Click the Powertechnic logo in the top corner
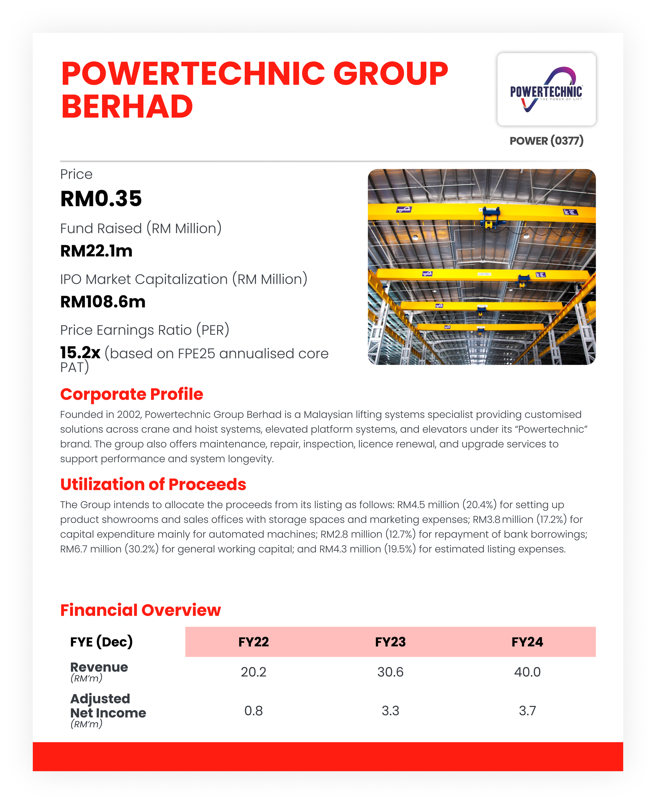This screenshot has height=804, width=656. [546, 90]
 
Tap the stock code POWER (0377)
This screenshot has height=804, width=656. [546, 141]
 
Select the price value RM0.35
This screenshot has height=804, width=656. [101, 199]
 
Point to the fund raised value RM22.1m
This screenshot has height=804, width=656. [96, 251]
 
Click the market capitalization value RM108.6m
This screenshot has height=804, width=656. [103, 302]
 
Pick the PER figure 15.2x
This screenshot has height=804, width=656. [80, 353]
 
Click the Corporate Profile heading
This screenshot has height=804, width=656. [132, 394]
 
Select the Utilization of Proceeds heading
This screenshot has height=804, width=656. [153, 484]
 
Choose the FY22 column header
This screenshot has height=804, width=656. [254, 642]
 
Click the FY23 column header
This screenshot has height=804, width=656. [390, 642]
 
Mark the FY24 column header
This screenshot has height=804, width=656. [527, 642]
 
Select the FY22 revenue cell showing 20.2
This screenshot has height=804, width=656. [254, 672]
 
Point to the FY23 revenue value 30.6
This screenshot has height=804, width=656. [390, 672]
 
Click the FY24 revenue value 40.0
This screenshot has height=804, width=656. [527, 672]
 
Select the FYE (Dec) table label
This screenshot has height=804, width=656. [101, 642]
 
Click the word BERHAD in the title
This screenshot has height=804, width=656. [127, 107]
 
